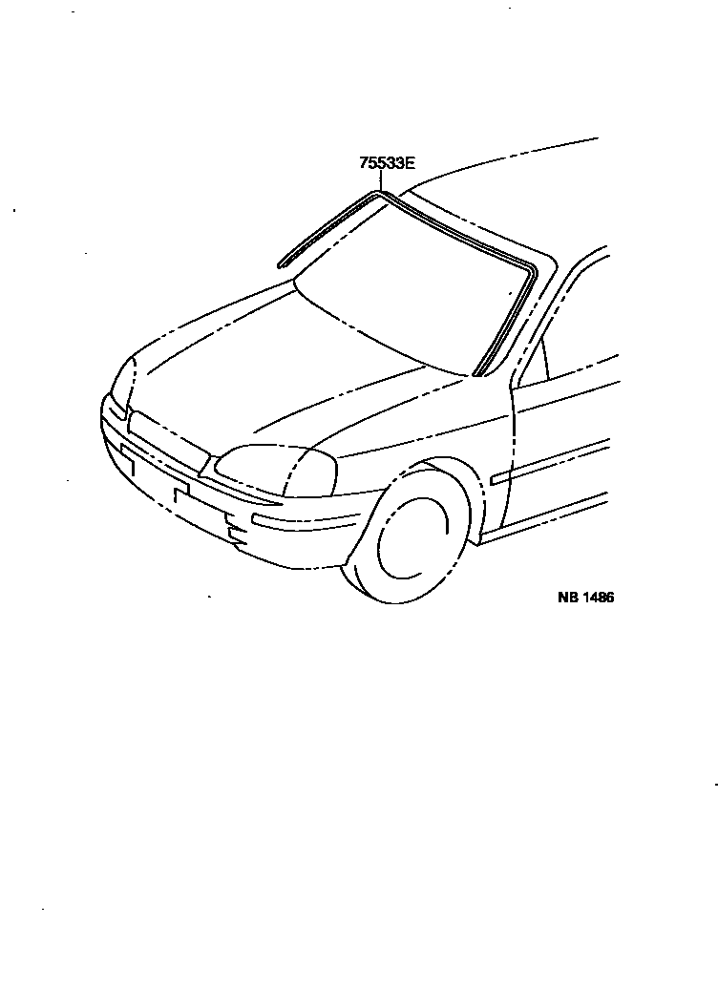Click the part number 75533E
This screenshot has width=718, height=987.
[x=387, y=162]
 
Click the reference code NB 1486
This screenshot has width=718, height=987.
[x=585, y=598]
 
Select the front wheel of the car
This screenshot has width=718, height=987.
[x=412, y=540]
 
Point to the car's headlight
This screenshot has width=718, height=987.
[x=277, y=469]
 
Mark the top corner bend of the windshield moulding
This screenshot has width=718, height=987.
[x=379, y=196]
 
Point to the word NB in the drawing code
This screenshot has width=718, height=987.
[x=568, y=598]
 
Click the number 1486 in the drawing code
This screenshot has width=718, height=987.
[x=598, y=598]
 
